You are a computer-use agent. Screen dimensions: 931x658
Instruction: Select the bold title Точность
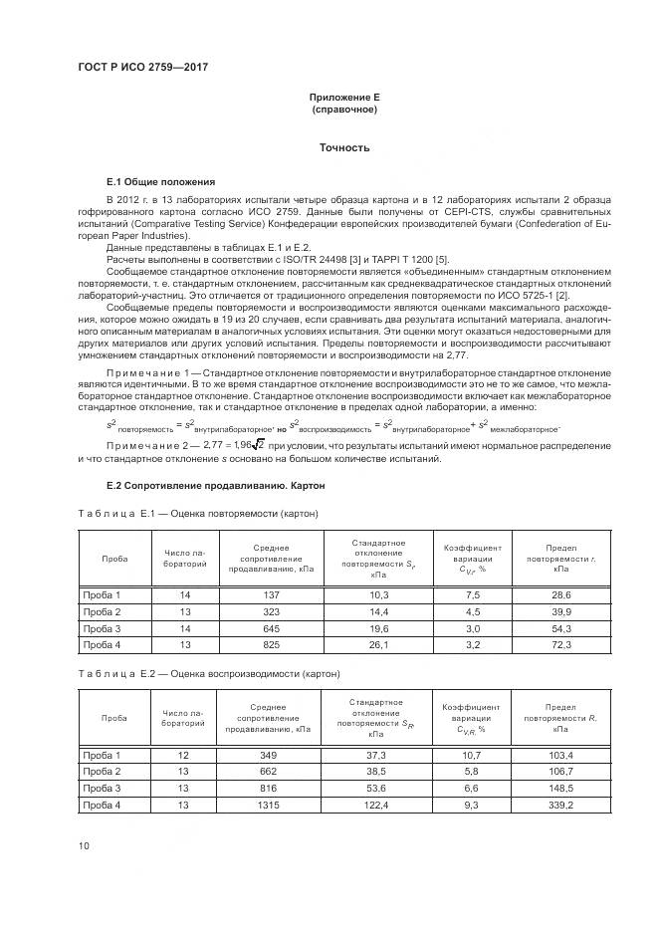pyautogui.click(x=343, y=147)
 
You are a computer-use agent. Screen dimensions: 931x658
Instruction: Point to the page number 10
pyautogui.click(x=85, y=845)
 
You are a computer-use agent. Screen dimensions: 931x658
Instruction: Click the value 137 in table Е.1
pyautogui.click(x=271, y=594)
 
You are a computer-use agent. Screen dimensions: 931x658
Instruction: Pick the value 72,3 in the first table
pyautogui.click(x=561, y=645)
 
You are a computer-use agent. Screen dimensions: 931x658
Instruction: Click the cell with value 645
pyautogui.click(x=271, y=628)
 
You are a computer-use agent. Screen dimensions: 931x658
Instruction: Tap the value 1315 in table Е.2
pyautogui.click(x=271, y=805)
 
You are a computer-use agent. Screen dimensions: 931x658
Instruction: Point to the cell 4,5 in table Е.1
pyautogui.click(x=473, y=611)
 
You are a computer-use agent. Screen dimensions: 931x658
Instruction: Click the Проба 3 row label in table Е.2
pyautogui.click(x=103, y=788)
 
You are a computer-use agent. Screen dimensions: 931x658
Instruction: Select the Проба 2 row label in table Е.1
pyautogui.click(x=103, y=611)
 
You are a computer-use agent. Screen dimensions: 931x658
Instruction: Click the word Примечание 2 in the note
pyautogui.click(x=141, y=446)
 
